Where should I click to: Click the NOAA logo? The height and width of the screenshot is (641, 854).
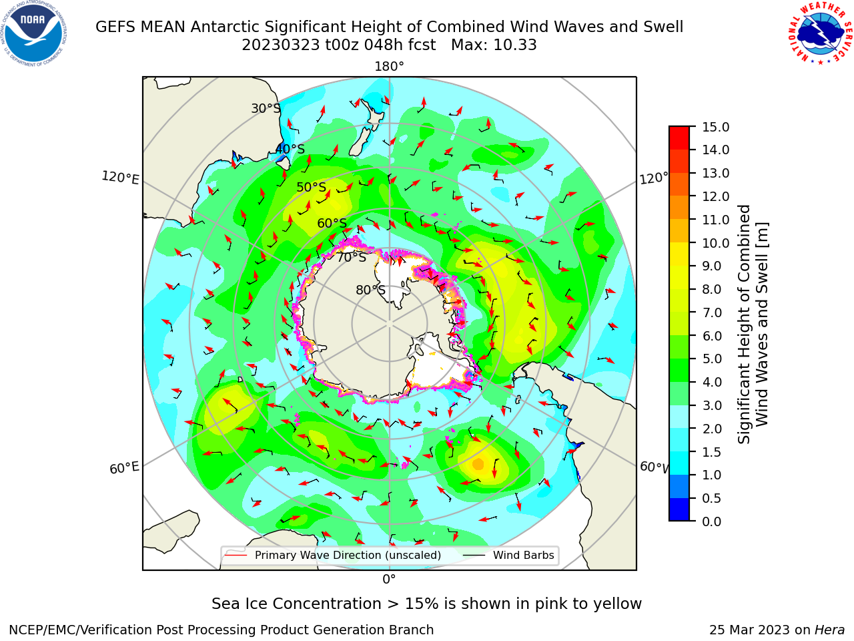pyautogui.click(x=34, y=34)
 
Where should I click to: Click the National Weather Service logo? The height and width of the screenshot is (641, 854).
pyautogui.click(x=820, y=34)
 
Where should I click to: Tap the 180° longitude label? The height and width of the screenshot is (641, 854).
pyautogui.click(x=389, y=67)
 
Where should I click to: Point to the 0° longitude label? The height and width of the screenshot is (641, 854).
pyautogui.click(x=389, y=580)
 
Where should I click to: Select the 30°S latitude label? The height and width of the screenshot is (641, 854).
pyautogui.click(x=266, y=108)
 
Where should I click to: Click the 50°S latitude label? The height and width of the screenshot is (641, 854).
pyautogui.click(x=312, y=187)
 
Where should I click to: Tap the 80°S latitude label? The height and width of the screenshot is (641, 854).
pyautogui.click(x=370, y=290)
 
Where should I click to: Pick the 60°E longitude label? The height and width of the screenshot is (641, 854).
pyautogui.click(x=124, y=467)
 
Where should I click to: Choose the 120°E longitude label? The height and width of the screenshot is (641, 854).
pyautogui.click(x=120, y=178)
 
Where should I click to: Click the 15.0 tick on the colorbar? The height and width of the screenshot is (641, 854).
pyautogui.click(x=715, y=127)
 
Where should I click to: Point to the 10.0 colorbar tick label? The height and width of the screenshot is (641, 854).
pyautogui.click(x=715, y=243)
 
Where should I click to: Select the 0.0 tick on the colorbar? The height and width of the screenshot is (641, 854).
pyautogui.click(x=712, y=521)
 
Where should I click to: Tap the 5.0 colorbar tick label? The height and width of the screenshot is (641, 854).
pyautogui.click(x=712, y=359)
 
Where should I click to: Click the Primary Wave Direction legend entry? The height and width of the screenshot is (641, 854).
pyautogui.click(x=334, y=555)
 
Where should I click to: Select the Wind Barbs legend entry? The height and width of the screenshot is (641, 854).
pyautogui.click(x=509, y=555)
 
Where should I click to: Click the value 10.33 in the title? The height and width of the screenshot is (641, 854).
pyautogui.click(x=515, y=45)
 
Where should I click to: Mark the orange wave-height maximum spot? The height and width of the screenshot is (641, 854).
pyautogui.click(x=478, y=464)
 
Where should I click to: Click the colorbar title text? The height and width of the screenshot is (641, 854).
pyautogui.click(x=753, y=325)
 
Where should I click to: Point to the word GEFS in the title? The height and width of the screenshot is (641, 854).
pyautogui.click(x=116, y=27)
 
